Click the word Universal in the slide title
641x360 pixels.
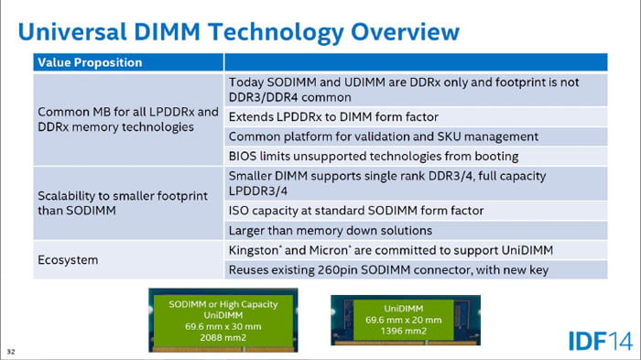72,31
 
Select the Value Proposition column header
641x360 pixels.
90,62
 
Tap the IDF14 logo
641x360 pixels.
600,341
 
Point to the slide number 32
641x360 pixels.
11,352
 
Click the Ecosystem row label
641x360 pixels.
68,260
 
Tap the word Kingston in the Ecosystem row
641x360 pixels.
254,250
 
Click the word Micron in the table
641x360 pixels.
328,250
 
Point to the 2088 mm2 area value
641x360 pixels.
223,338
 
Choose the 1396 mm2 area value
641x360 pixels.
404,331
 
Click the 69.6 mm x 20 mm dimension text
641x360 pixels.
404,320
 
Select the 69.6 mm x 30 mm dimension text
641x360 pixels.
223,326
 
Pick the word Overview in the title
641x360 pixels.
405,31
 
